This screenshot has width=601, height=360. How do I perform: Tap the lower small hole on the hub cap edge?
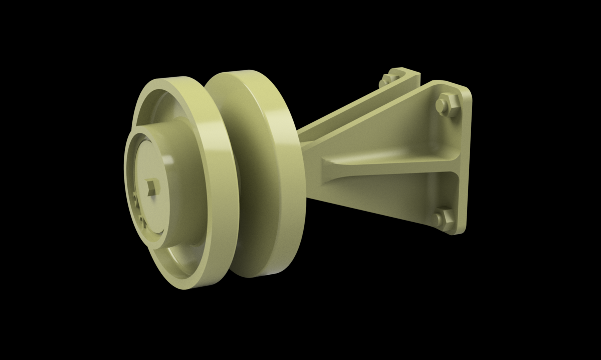point(142,219)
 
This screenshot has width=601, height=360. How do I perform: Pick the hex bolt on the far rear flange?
point(385,80)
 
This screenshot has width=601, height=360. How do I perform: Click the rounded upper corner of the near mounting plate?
point(464,90)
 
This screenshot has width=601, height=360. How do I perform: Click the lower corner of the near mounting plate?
point(459,231)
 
